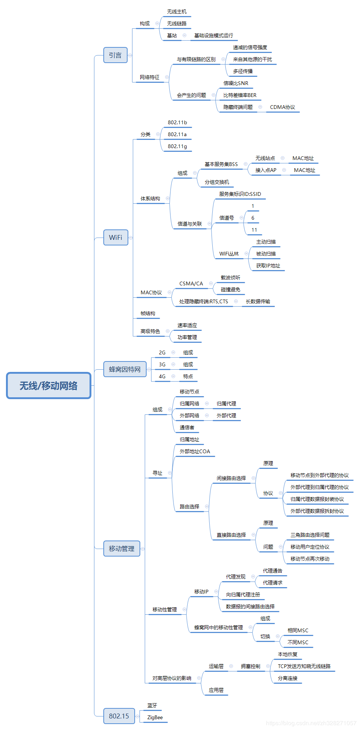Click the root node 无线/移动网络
coord(48,385)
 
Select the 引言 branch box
coord(115,55)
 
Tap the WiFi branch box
coord(116,237)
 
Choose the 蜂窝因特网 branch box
coord(125,369)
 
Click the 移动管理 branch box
coord(122,548)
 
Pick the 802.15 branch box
coord(119,716)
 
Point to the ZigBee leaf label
coord(155,717)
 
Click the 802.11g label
coord(177,146)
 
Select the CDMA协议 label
coord(282,107)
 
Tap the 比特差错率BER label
coord(240,95)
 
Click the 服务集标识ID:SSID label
coord(240,194)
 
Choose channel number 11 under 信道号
coord(254,230)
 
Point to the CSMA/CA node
coord(191,283)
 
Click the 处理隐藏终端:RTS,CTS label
coord(203,301)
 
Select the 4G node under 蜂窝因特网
coord(162,376)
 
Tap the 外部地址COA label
coord(195,451)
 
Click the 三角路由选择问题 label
coord(310,535)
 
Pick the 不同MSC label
coord(298,642)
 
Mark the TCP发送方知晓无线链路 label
coord(304,666)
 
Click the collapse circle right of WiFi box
coord(131,238)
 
